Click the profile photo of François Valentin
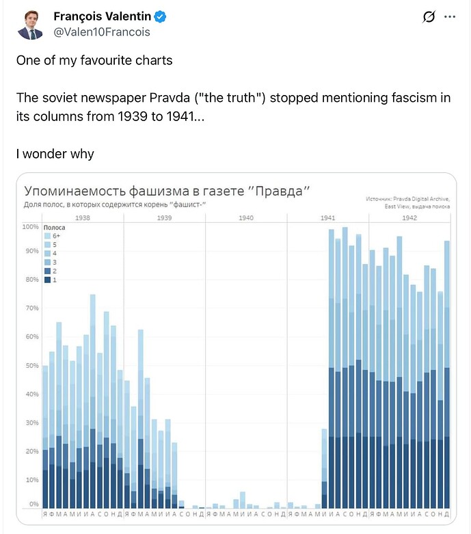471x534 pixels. point(30,23)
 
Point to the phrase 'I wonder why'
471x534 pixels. point(55,154)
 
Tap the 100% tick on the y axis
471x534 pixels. point(31,227)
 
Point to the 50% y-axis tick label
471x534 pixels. point(31,366)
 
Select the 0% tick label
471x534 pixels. point(33,504)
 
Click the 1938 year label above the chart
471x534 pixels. point(82,217)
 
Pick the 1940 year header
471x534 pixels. point(246,217)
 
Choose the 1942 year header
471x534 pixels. point(409,217)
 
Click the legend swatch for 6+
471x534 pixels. point(47,235)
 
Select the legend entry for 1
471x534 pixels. point(47,280)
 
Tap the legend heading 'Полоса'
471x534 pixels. point(54,226)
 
